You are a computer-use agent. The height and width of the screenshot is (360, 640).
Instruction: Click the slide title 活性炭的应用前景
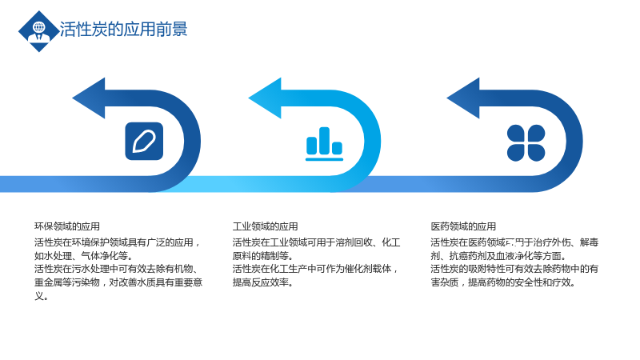pyautogui.click(x=123, y=30)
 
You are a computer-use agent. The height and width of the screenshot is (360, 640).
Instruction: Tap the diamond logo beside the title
pyautogui.click(x=38, y=31)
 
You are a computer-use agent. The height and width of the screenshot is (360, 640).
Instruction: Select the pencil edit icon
pyautogui.click(x=144, y=142)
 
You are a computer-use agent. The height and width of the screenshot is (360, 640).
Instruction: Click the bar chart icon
pyautogui.click(x=325, y=144)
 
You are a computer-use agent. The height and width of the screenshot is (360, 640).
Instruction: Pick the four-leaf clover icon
pyautogui.click(x=526, y=143)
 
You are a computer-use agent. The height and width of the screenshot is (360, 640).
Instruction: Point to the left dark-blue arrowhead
pyautogui.click(x=89, y=98)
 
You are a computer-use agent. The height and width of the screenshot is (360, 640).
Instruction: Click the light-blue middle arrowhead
pyautogui.click(x=265, y=98)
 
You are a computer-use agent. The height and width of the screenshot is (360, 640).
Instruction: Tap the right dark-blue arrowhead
pyautogui.click(x=463, y=98)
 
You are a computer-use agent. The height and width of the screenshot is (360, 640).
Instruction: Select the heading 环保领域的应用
pyautogui.click(x=67, y=226)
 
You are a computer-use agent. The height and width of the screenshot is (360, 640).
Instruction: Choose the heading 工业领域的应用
pyautogui.click(x=266, y=226)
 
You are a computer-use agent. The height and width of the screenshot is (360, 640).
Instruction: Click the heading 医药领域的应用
pyautogui.click(x=463, y=226)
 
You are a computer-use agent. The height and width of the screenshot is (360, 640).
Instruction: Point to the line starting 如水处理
pyautogui.click(x=83, y=256)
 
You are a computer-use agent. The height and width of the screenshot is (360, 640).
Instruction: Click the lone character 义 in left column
pyautogui.click(x=38, y=295)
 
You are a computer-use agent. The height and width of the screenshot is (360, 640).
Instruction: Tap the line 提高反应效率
pyautogui.click(x=263, y=282)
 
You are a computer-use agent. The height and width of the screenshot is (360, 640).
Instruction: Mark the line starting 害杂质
pyautogui.click(x=503, y=282)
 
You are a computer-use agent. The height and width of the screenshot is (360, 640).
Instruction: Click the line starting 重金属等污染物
pyautogui.click(x=118, y=282)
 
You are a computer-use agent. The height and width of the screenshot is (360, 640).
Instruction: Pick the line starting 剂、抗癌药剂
pyautogui.click(x=498, y=256)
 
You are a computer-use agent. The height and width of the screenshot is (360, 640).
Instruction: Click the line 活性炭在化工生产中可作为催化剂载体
pyautogui.click(x=315, y=269)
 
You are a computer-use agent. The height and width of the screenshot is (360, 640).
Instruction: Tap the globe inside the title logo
pyautogui.click(x=39, y=27)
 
